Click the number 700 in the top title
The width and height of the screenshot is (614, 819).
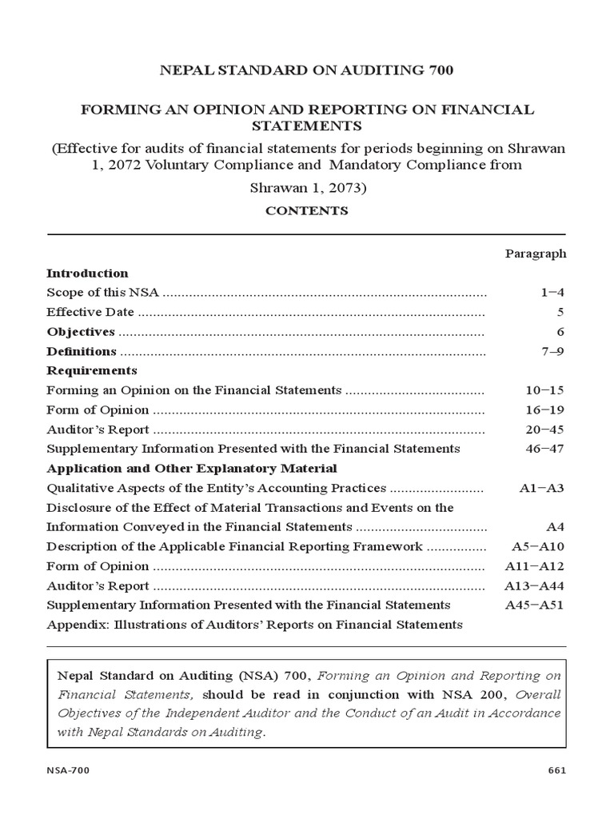click(437, 71)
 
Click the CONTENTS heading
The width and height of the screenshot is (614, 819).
click(307, 211)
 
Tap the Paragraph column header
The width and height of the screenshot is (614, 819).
click(536, 254)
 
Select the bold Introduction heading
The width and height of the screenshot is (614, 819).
click(87, 274)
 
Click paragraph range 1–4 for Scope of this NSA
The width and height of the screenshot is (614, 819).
click(552, 293)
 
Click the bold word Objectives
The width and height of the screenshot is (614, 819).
click(81, 332)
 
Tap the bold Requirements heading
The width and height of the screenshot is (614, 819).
click(92, 371)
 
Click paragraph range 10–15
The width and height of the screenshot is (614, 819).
click(545, 390)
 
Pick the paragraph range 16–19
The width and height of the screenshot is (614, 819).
click(545, 410)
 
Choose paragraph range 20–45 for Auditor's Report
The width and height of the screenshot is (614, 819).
click(545, 429)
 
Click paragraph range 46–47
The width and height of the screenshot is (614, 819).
click(545, 449)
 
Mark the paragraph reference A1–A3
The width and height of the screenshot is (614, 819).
click(542, 488)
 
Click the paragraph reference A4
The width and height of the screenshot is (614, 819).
click(556, 527)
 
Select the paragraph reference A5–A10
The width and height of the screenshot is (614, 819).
click(538, 547)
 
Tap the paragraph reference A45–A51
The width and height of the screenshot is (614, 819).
click(535, 605)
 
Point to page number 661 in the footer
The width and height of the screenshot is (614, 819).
click(556, 770)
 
